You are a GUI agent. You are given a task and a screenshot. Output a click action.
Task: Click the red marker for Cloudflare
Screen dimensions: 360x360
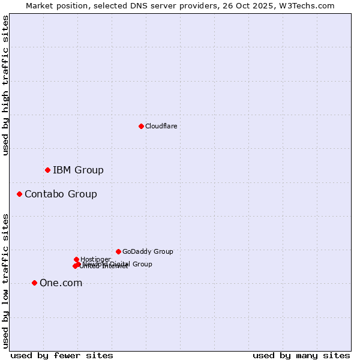click(141, 126)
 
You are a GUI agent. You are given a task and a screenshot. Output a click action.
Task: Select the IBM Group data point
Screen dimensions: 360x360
click(47, 170)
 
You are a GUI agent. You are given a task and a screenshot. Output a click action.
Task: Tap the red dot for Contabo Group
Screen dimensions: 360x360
click(20, 194)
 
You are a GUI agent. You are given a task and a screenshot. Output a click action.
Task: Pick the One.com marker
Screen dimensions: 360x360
click(34, 283)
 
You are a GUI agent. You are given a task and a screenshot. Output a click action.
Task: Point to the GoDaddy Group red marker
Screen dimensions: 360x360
click(118, 251)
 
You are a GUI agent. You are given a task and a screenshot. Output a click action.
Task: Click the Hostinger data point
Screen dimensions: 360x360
click(76, 259)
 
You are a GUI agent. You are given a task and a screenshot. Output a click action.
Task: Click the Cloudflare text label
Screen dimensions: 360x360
click(161, 126)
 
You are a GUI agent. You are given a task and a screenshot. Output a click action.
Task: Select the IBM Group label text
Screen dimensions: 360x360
click(78, 170)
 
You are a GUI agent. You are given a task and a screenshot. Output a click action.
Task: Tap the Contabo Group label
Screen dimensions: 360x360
click(61, 194)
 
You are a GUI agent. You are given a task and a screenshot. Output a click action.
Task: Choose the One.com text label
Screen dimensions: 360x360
click(61, 283)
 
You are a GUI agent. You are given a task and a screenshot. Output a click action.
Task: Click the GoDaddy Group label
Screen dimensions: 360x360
click(148, 251)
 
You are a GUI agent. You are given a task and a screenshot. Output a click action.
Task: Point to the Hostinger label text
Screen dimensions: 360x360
click(95, 259)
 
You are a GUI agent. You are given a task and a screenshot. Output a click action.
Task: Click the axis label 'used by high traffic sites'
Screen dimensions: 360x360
click(6, 85)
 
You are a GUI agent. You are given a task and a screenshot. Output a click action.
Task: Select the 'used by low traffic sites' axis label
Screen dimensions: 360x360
click(6, 281)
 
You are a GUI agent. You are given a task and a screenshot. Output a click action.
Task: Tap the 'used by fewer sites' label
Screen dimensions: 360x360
click(62, 355)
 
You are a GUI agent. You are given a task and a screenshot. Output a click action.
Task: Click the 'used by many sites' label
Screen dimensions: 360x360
click(301, 355)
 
